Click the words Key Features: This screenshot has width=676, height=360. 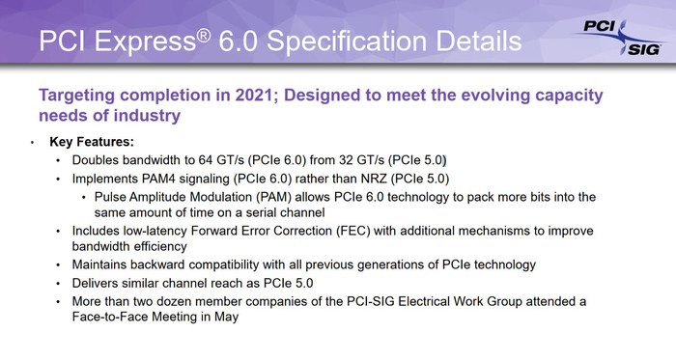pos(92,142)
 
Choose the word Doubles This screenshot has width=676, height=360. pos(98,159)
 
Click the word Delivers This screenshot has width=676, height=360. pos(99,283)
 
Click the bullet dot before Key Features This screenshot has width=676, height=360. pos(33,143)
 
